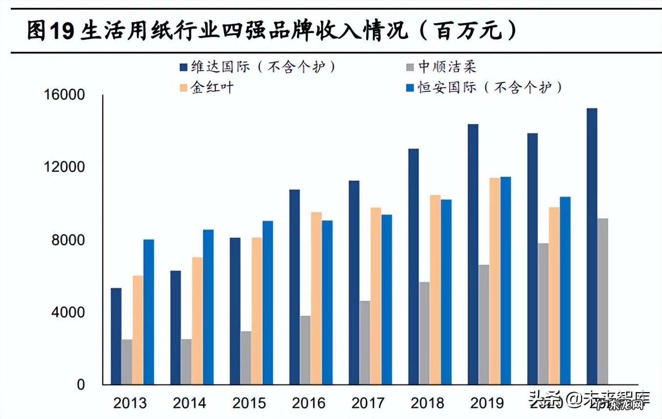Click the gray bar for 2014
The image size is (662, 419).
186,361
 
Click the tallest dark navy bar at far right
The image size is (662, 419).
592,246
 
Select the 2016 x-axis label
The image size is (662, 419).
309,403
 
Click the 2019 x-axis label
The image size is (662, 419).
487,403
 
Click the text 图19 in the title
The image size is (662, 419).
51,31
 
